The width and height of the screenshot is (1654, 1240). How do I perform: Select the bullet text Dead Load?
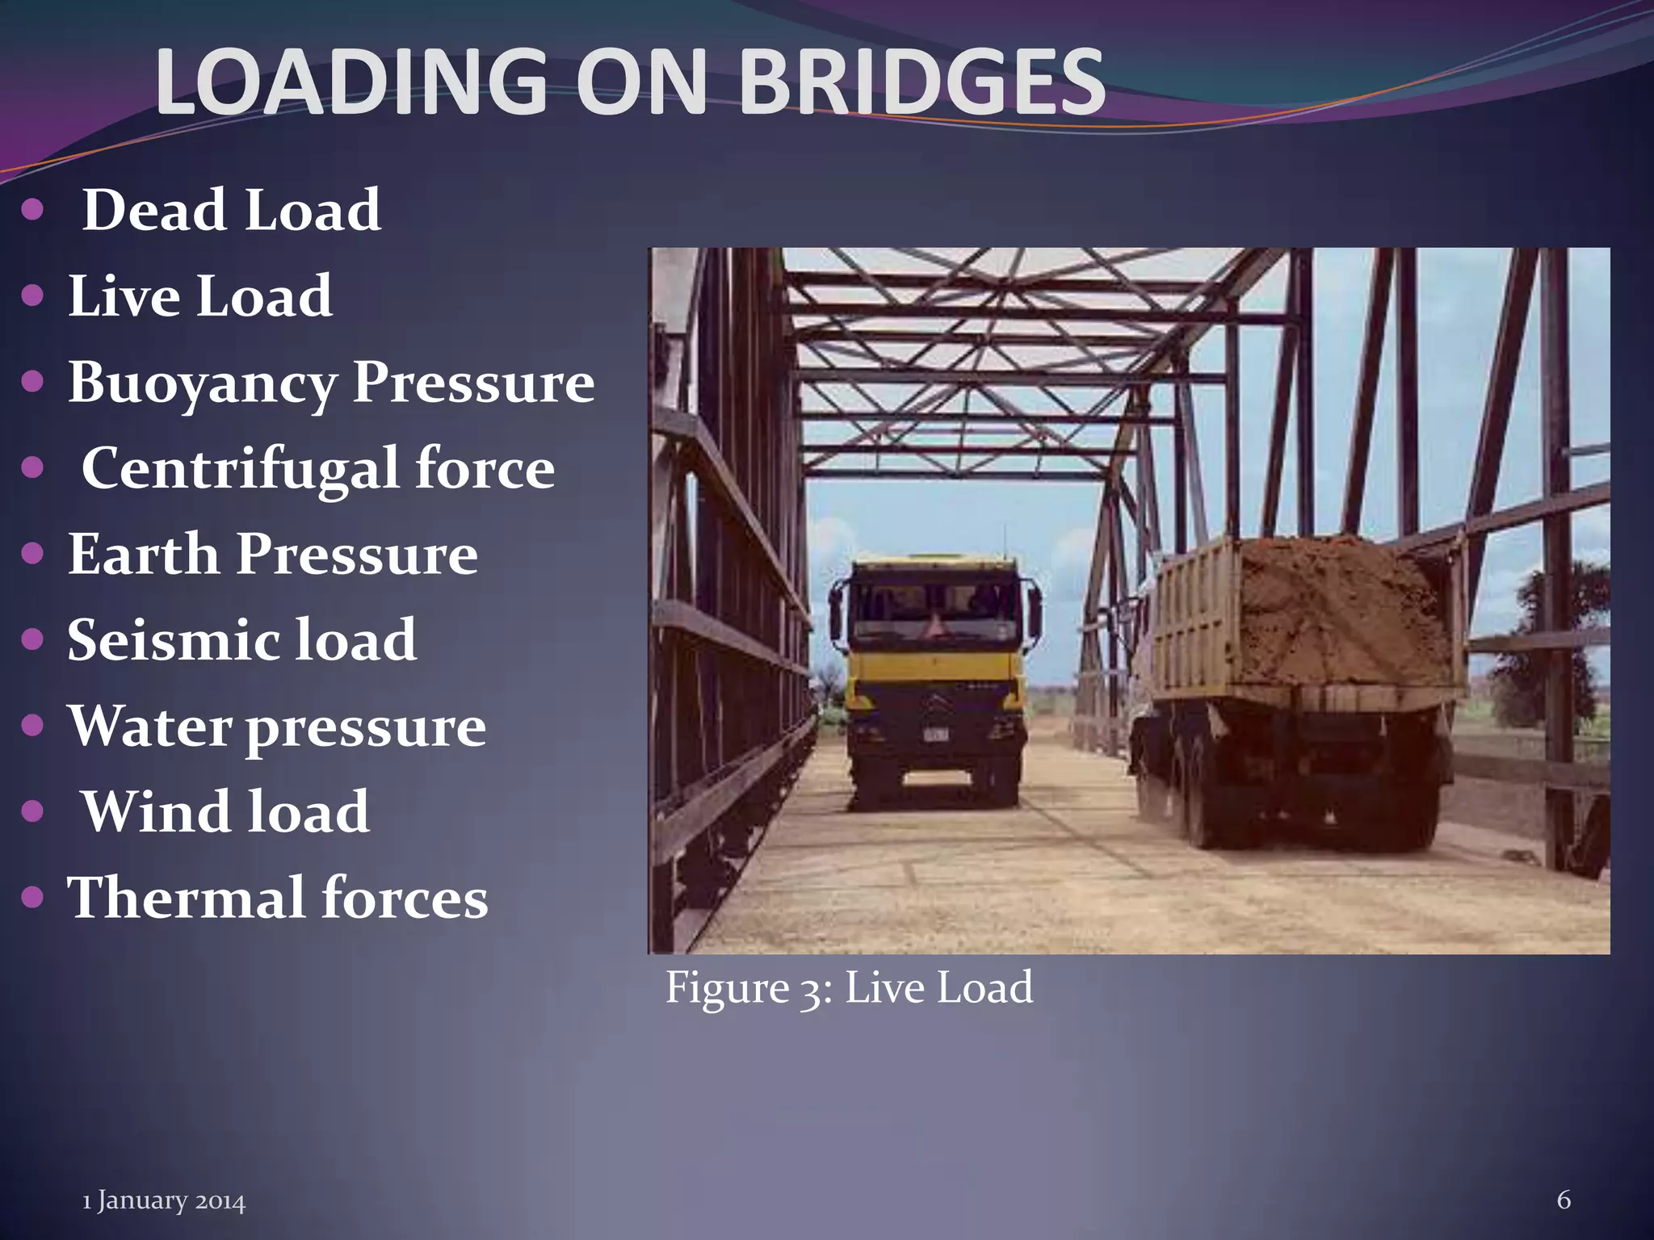(232, 210)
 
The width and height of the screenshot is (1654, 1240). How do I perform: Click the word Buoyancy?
(201, 383)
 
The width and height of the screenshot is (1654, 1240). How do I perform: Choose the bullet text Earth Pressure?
(272, 555)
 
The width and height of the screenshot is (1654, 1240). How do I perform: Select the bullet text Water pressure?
(277, 727)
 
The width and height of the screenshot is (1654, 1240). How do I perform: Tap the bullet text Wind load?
(226, 811)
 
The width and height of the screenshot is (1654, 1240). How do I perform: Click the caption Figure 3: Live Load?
(849, 987)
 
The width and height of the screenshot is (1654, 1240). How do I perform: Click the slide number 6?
(1564, 1200)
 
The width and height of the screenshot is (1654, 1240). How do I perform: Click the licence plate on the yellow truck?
(937, 735)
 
